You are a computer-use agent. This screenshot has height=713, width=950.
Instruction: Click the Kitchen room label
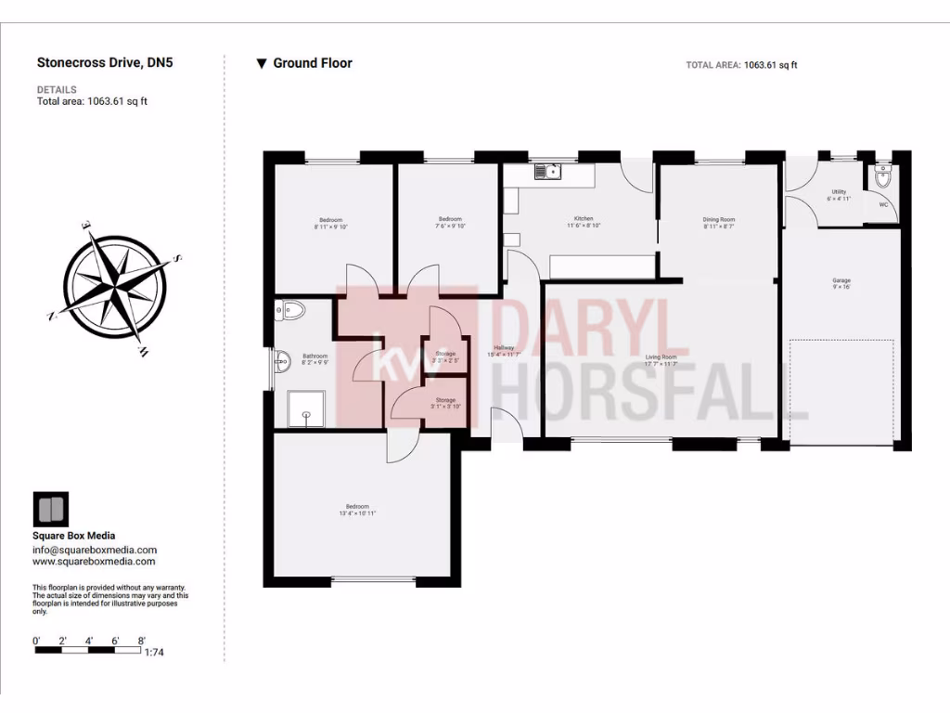click(584, 220)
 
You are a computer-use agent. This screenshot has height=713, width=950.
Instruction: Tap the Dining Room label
click(719, 220)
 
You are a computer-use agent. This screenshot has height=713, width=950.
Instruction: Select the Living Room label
click(661, 357)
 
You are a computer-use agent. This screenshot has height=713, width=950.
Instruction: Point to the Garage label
click(841, 281)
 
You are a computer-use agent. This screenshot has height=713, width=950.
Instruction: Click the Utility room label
click(839, 192)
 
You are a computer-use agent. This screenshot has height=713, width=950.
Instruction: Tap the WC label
click(883, 204)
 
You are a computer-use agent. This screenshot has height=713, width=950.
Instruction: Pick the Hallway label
click(504, 348)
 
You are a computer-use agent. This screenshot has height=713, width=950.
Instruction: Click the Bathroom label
click(315, 356)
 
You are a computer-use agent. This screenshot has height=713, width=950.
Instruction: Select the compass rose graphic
click(118, 285)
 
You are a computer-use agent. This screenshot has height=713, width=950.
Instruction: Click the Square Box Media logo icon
click(50, 510)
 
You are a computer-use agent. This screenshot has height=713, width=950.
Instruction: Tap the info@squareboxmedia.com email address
click(95, 550)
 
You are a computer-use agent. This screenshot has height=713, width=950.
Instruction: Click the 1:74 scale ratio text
click(154, 653)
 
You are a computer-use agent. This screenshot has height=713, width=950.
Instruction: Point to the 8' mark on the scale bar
click(141, 641)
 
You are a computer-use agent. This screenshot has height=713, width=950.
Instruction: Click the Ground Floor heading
click(313, 63)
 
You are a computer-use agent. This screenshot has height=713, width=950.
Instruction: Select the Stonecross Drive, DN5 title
click(105, 63)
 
